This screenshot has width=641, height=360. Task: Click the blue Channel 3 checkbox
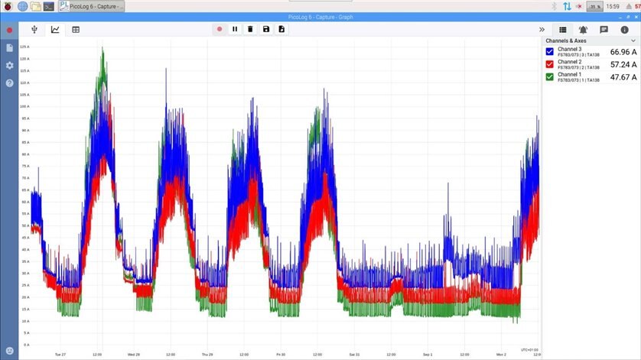[x=550, y=52]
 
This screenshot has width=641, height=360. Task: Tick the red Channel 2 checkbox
[x=550, y=64]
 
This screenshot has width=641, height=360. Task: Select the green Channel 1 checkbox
[x=550, y=76]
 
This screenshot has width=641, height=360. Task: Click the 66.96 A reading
[x=623, y=52]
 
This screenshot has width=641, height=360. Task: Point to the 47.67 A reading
[x=623, y=77]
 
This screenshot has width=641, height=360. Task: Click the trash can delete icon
[x=250, y=29]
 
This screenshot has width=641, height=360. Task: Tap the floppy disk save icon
[x=265, y=29]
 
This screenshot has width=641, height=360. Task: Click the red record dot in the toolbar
[x=220, y=29]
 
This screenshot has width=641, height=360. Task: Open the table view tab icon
[x=76, y=30]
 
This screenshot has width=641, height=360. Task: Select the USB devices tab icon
[x=34, y=30]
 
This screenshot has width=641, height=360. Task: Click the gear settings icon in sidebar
[x=10, y=65]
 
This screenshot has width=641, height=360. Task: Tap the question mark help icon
[x=10, y=83]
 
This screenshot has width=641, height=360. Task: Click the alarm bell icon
[x=584, y=30]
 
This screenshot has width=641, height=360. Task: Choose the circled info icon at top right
[x=624, y=30]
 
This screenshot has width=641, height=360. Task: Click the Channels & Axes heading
[x=567, y=40]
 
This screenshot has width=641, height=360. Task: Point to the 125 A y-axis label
[x=24, y=47]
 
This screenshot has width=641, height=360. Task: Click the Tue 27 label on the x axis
[x=60, y=355]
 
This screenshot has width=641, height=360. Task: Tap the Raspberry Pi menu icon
[x=8, y=6]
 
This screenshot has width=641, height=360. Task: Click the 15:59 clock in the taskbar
[x=612, y=6]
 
